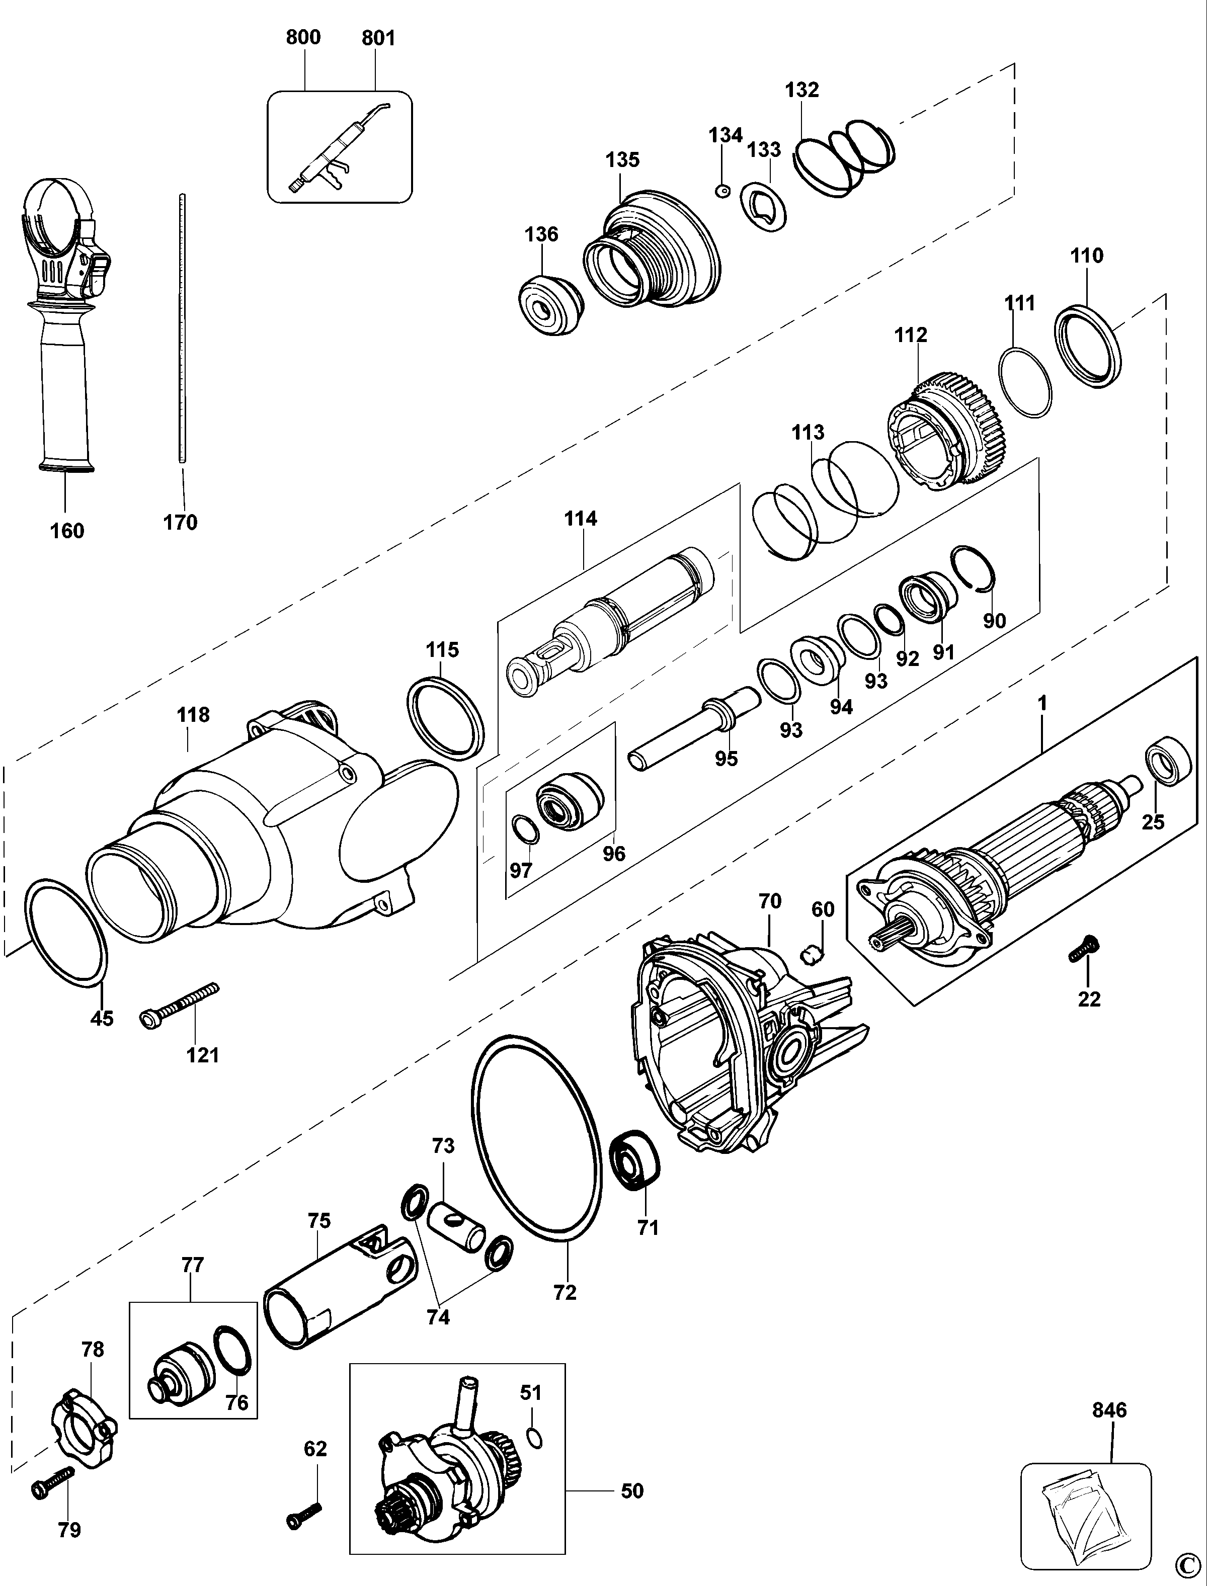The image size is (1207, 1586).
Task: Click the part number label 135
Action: pyautogui.click(x=622, y=159)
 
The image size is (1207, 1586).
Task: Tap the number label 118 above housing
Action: pyautogui.click(x=193, y=715)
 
